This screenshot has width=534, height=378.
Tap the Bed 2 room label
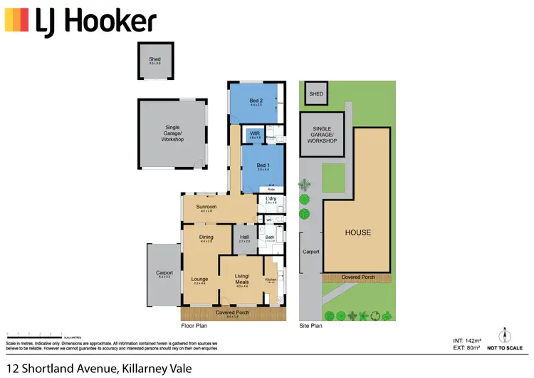[256, 101]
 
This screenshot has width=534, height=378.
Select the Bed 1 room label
[263, 166]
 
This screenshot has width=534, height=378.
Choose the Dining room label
[206, 237]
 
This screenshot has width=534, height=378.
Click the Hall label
[244, 237]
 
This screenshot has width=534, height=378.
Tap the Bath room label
[271, 237]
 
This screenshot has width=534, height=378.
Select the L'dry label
[271, 199]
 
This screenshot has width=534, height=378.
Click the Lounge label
[200, 279]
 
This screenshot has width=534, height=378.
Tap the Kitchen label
[271, 280]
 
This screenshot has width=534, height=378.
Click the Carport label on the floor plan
[164, 272]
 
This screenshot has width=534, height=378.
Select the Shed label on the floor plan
[155, 60]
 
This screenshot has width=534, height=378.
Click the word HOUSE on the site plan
[357, 233]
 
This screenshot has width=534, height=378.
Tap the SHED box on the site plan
[316, 93]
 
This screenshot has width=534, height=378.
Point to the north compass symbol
[504, 334]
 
